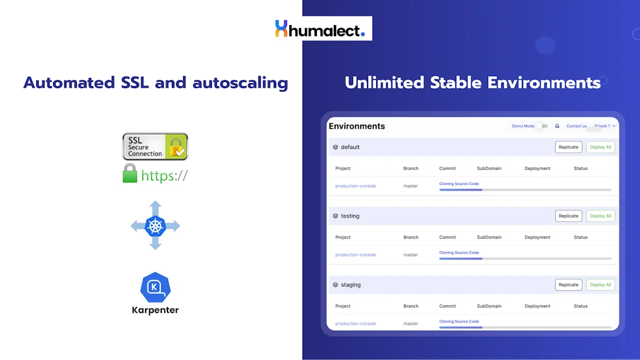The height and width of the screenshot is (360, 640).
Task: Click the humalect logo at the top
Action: tap(319, 29)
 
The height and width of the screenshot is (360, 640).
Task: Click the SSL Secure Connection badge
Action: tap(155, 146)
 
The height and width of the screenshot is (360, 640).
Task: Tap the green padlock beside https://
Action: tap(129, 173)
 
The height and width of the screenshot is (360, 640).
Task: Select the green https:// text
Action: tap(164, 176)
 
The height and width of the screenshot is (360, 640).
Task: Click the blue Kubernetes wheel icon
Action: tap(155, 226)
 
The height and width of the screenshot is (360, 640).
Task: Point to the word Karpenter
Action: tap(155, 310)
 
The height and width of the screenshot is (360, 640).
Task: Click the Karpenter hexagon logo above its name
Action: tap(155, 287)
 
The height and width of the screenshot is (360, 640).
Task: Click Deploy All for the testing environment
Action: tap(601, 216)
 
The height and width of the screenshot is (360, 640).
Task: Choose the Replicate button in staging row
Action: tap(568, 284)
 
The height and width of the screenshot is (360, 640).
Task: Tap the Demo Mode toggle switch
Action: tap(542, 126)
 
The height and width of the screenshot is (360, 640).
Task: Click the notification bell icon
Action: tap(557, 126)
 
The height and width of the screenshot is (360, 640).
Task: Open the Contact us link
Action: tap(576, 126)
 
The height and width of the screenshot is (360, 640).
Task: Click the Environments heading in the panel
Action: tap(357, 126)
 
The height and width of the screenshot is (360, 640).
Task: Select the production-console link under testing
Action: tap(356, 255)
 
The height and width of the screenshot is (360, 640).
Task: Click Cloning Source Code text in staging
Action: tap(459, 321)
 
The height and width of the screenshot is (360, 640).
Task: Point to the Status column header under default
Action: tap(581, 168)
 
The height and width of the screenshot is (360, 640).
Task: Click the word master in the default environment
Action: tap(411, 186)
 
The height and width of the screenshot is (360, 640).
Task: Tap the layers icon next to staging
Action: tap(336, 285)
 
